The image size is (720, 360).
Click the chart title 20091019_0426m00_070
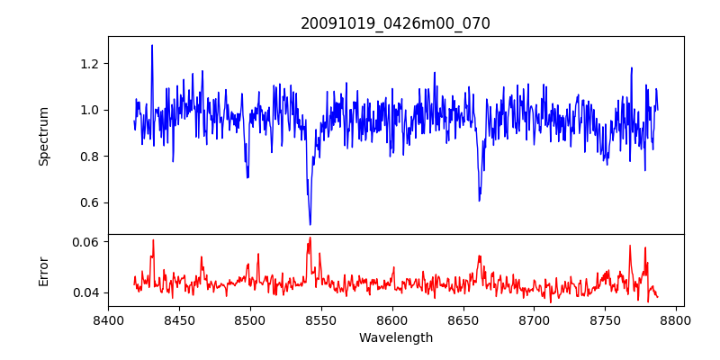[395, 23]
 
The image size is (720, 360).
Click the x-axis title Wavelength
[395, 337]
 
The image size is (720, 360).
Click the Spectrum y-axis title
[44, 136]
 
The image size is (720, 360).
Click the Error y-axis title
[44, 271]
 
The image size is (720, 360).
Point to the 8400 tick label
[108, 319]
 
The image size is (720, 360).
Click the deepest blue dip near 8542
[310, 224]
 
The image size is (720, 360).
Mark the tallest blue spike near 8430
[152, 45]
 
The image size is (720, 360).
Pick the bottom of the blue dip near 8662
[479, 200]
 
